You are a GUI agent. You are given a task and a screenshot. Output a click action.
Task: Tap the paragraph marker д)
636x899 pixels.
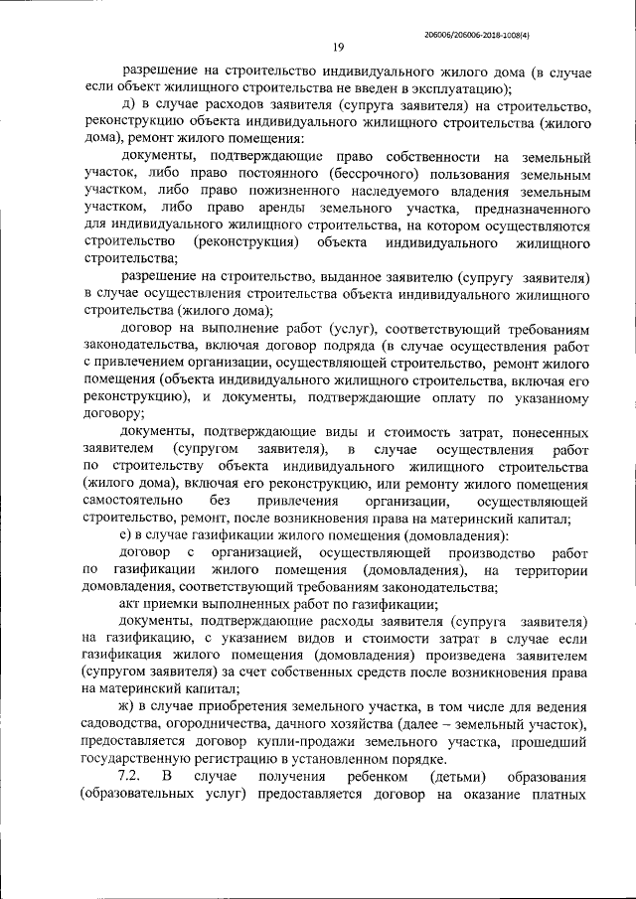click(128, 106)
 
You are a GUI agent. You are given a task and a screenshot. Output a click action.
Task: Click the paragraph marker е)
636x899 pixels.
click(128, 535)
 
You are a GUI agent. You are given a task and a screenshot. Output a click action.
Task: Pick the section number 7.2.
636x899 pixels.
click(132, 776)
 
